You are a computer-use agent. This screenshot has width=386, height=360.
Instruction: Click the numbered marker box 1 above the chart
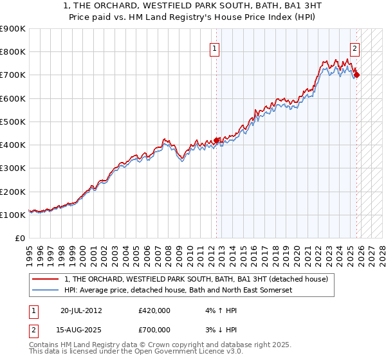(214, 47)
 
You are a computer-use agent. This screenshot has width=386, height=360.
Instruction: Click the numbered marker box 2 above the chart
(354, 47)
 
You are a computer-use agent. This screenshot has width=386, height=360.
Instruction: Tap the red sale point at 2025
(357, 75)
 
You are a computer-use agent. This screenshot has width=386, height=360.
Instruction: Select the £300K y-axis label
(13, 168)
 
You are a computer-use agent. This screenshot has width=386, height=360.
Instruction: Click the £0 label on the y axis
(20, 239)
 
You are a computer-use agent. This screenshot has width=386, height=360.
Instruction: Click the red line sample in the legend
(45, 280)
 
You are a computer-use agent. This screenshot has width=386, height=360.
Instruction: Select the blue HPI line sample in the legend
(45, 291)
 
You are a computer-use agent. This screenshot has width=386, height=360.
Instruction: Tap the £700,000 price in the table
(154, 330)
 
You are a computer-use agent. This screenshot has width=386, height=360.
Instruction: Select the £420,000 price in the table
(154, 310)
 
